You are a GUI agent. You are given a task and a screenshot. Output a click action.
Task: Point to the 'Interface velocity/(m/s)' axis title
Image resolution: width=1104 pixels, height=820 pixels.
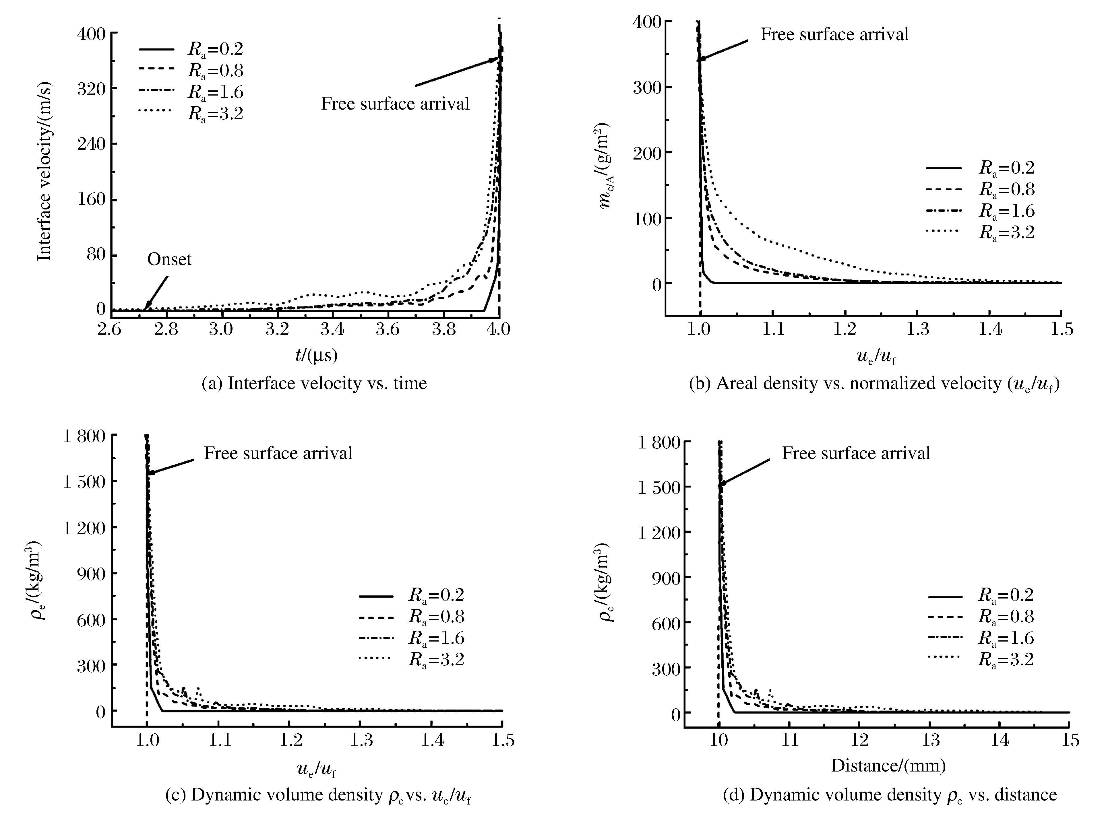(x=45, y=171)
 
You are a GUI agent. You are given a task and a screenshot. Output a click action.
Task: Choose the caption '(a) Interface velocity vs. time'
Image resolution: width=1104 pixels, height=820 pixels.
(x=314, y=383)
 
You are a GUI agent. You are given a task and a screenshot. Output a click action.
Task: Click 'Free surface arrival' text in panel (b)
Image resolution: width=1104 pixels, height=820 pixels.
(x=834, y=34)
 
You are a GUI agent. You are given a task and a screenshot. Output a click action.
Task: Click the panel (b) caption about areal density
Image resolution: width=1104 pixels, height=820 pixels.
(x=874, y=384)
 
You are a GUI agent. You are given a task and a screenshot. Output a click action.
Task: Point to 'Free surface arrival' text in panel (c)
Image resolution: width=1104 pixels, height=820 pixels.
(x=278, y=453)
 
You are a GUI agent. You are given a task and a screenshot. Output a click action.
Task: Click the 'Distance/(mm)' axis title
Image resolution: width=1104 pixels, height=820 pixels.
(x=888, y=766)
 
